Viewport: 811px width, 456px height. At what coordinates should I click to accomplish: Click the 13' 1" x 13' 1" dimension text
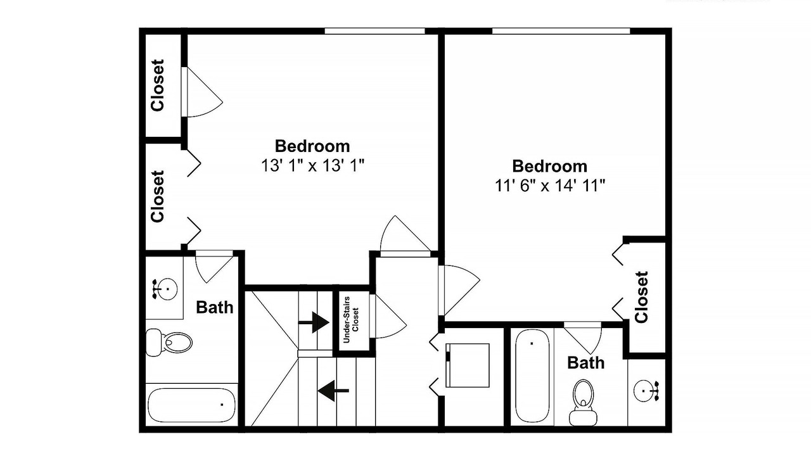coord(312,166)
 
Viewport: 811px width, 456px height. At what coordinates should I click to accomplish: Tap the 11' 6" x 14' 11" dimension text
coord(550,186)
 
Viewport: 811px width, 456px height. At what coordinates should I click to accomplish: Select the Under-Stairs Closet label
coord(351,320)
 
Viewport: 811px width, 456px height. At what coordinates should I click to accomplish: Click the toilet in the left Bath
coord(169,341)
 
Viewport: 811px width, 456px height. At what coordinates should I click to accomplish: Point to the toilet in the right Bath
coord(583,402)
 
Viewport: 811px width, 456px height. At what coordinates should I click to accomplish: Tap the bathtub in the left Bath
coord(191,405)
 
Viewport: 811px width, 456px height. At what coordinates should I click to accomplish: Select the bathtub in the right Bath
coord(532,376)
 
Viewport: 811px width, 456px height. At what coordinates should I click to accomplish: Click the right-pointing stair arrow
coord(314,322)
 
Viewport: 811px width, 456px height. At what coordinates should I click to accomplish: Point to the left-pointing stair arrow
coord(333,391)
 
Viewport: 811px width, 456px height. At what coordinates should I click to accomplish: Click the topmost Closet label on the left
coord(158,85)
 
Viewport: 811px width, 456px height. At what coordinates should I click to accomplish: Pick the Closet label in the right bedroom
coord(641,297)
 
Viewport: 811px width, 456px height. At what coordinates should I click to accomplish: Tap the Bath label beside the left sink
coord(215,307)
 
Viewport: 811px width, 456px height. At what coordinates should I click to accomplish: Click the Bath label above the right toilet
coord(586,363)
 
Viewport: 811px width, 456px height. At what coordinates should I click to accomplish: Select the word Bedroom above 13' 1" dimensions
coord(312,146)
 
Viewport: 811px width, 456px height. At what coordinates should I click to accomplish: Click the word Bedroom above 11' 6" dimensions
coord(549,166)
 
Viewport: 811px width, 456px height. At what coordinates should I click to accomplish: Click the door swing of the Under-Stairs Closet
coord(388,316)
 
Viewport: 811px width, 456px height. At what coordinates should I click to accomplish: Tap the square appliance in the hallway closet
coord(468,365)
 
